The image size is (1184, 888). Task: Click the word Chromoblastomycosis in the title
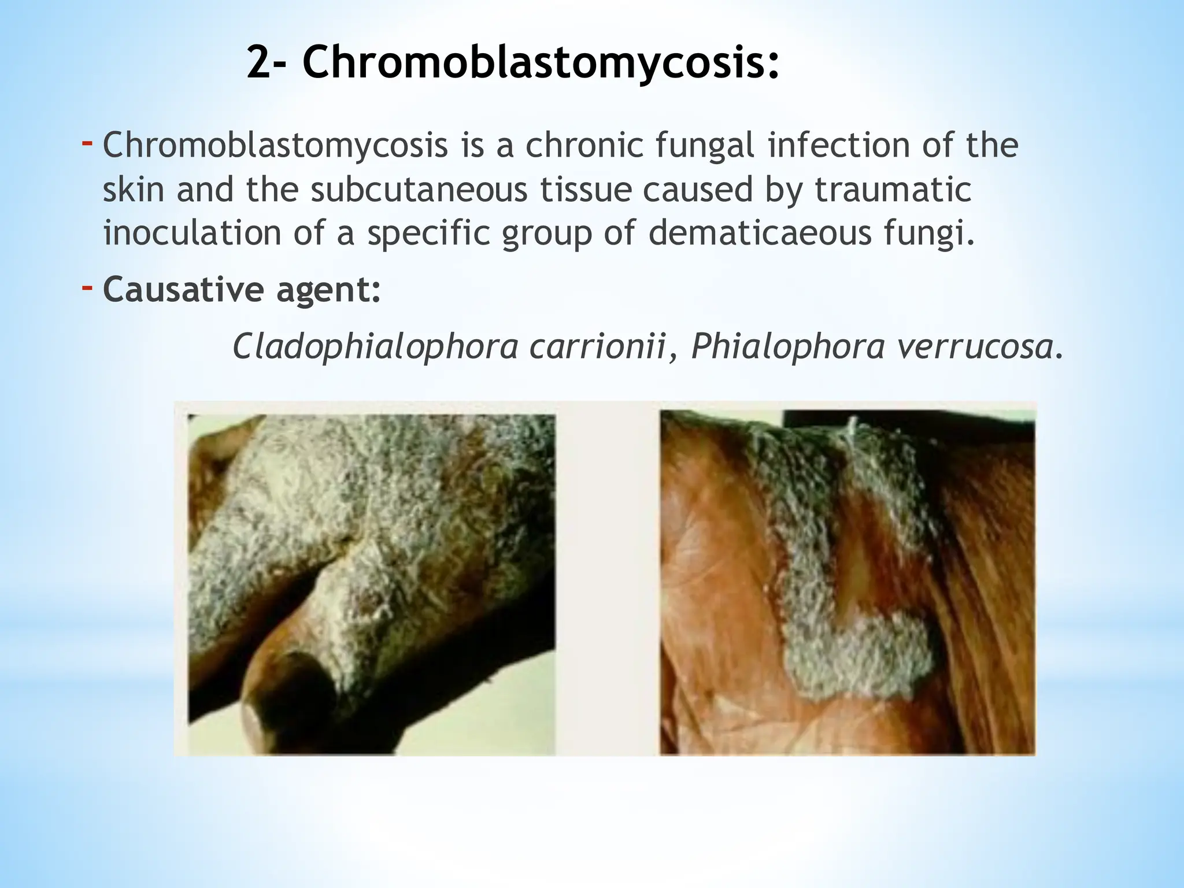pyautogui.click(x=540, y=64)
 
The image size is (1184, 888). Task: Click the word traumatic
pyautogui.click(x=893, y=190)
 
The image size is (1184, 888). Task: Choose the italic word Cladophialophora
pyautogui.click(x=375, y=347)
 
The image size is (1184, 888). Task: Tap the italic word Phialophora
pyautogui.click(x=788, y=347)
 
